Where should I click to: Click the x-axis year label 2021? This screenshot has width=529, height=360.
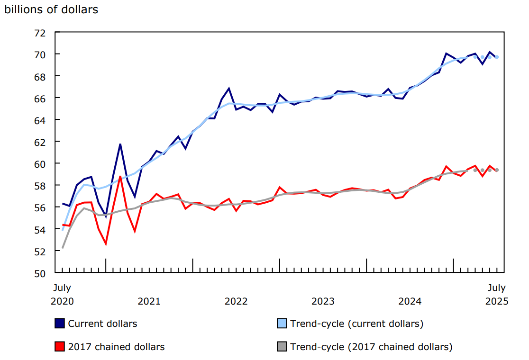tap(149, 301)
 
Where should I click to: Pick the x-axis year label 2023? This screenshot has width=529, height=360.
tap(323, 301)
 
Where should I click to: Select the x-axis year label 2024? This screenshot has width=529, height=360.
tap(410, 301)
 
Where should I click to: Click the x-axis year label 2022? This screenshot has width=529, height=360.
tap(236, 301)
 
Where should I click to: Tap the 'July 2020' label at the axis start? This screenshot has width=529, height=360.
tap(62, 294)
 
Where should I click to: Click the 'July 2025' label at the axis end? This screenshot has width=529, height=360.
tap(496, 294)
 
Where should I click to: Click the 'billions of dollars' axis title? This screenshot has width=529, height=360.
tap(51, 9)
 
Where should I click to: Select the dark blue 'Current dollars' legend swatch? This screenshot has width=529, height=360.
tap(60, 324)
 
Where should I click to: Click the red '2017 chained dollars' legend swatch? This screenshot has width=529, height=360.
tap(60, 347)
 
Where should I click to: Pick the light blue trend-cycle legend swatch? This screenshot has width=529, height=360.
tap(282, 324)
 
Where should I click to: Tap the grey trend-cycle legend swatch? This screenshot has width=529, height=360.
tap(282, 347)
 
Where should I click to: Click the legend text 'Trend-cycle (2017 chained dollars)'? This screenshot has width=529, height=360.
tap(371, 347)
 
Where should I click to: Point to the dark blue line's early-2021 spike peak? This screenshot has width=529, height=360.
tap(120, 144)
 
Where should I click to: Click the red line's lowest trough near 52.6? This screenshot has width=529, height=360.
tap(106, 244)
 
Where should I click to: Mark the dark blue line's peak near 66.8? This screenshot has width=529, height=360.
tap(229, 89)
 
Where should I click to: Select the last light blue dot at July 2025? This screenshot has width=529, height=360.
tap(497, 57)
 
